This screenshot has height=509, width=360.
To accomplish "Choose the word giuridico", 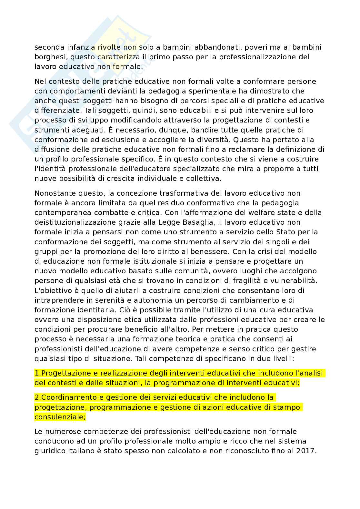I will [50, 451].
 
